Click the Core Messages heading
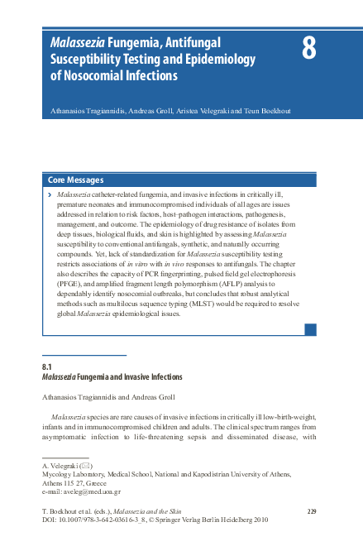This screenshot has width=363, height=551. [76, 180]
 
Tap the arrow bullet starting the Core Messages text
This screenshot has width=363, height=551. [51, 194]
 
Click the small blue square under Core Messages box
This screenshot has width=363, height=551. [310, 329]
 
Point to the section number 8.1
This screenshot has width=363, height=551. [47, 367]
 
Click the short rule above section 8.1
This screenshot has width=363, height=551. [84, 357]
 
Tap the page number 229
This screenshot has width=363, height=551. [312, 513]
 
